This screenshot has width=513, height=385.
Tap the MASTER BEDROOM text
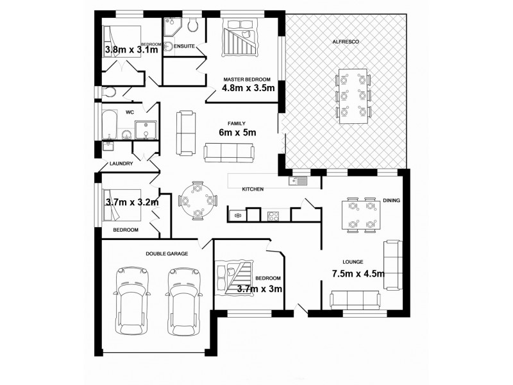coord(247,79)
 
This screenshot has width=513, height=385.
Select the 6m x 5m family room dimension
coord(237,133)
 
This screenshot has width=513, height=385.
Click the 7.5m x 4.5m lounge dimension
coord(358,273)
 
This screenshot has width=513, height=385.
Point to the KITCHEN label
coord(253,189)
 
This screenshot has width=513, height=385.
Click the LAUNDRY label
coord(121,164)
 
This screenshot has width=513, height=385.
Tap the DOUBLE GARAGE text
coord(167,253)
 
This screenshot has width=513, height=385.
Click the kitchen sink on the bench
coord(299,180)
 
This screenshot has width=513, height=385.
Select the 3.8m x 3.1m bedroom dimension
coord(131,49)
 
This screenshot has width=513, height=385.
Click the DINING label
coord(391,200)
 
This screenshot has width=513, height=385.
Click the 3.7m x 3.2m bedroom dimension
coord(131,201)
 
